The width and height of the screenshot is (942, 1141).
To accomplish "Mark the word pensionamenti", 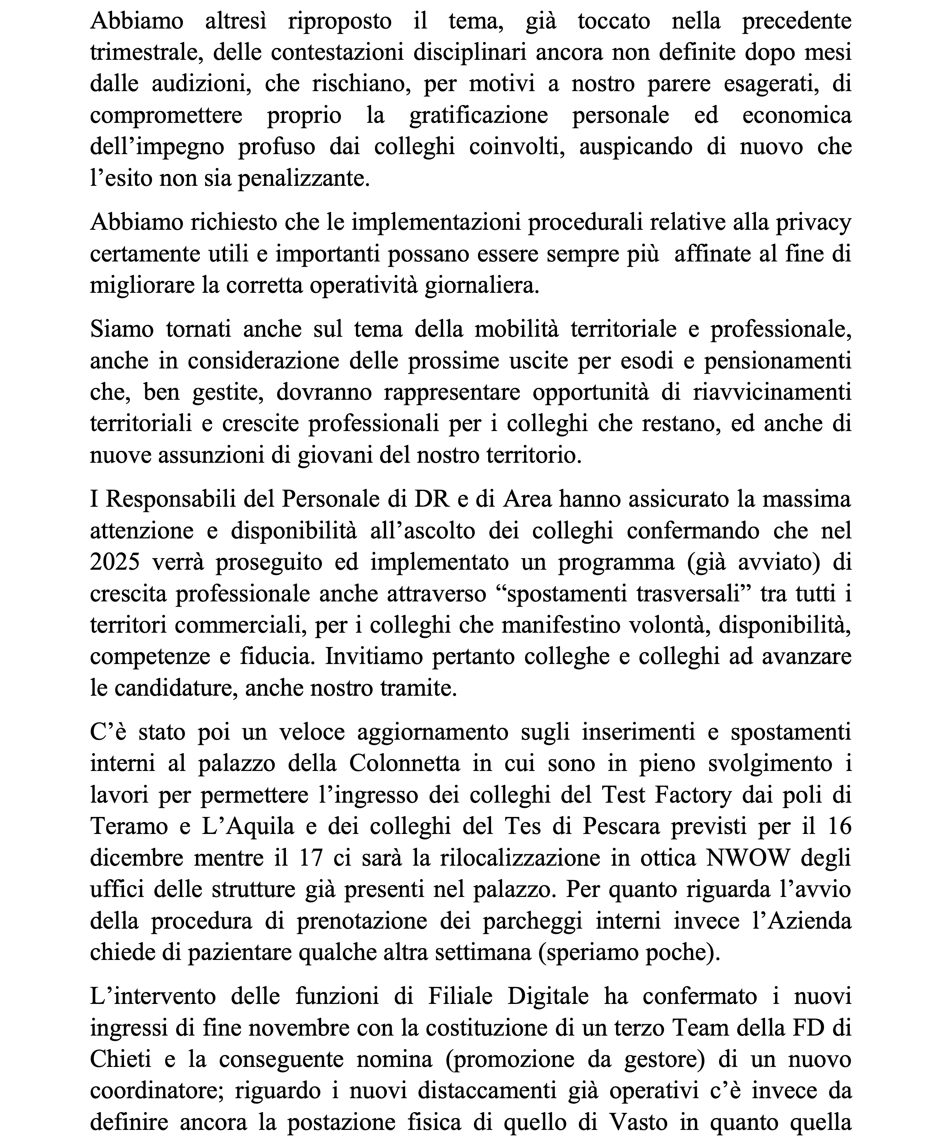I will point(778,361).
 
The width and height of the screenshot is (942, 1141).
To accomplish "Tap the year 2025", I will point(115,562).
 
